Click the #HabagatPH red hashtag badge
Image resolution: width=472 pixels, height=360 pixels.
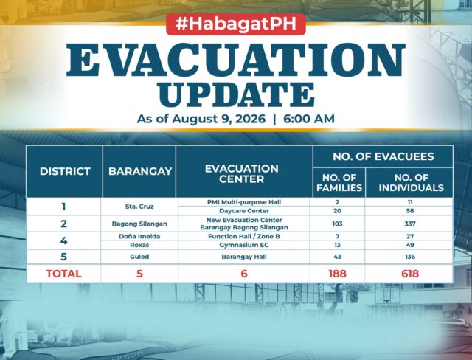[x=236, y=24]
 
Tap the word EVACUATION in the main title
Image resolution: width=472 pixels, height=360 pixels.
[x=236, y=60]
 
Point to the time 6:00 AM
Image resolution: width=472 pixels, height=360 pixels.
[x=309, y=119]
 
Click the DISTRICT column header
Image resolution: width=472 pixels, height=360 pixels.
[x=65, y=171]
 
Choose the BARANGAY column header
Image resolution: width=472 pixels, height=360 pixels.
[x=140, y=171]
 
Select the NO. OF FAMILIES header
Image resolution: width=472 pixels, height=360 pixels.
[x=339, y=182]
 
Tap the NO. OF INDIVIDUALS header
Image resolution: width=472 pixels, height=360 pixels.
[x=412, y=182]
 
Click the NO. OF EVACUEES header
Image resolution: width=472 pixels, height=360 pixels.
[x=383, y=156]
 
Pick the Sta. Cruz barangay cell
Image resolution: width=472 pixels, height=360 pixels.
[x=139, y=207]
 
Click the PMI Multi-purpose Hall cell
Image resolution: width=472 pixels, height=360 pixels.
[x=244, y=202]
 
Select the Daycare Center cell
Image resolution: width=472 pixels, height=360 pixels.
[x=244, y=211]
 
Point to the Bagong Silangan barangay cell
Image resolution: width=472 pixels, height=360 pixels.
[x=139, y=224]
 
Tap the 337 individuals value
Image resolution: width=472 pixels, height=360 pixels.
[x=410, y=224]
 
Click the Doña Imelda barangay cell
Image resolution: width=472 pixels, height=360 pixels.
[x=139, y=236]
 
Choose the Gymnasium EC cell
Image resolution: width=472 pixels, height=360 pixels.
[x=244, y=245]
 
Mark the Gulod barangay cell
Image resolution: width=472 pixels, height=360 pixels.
[x=139, y=257]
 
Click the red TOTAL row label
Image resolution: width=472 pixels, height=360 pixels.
[x=64, y=274]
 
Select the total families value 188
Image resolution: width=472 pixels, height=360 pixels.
[x=338, y=274]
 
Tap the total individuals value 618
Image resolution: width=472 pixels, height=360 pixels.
[x=410, y=274]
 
